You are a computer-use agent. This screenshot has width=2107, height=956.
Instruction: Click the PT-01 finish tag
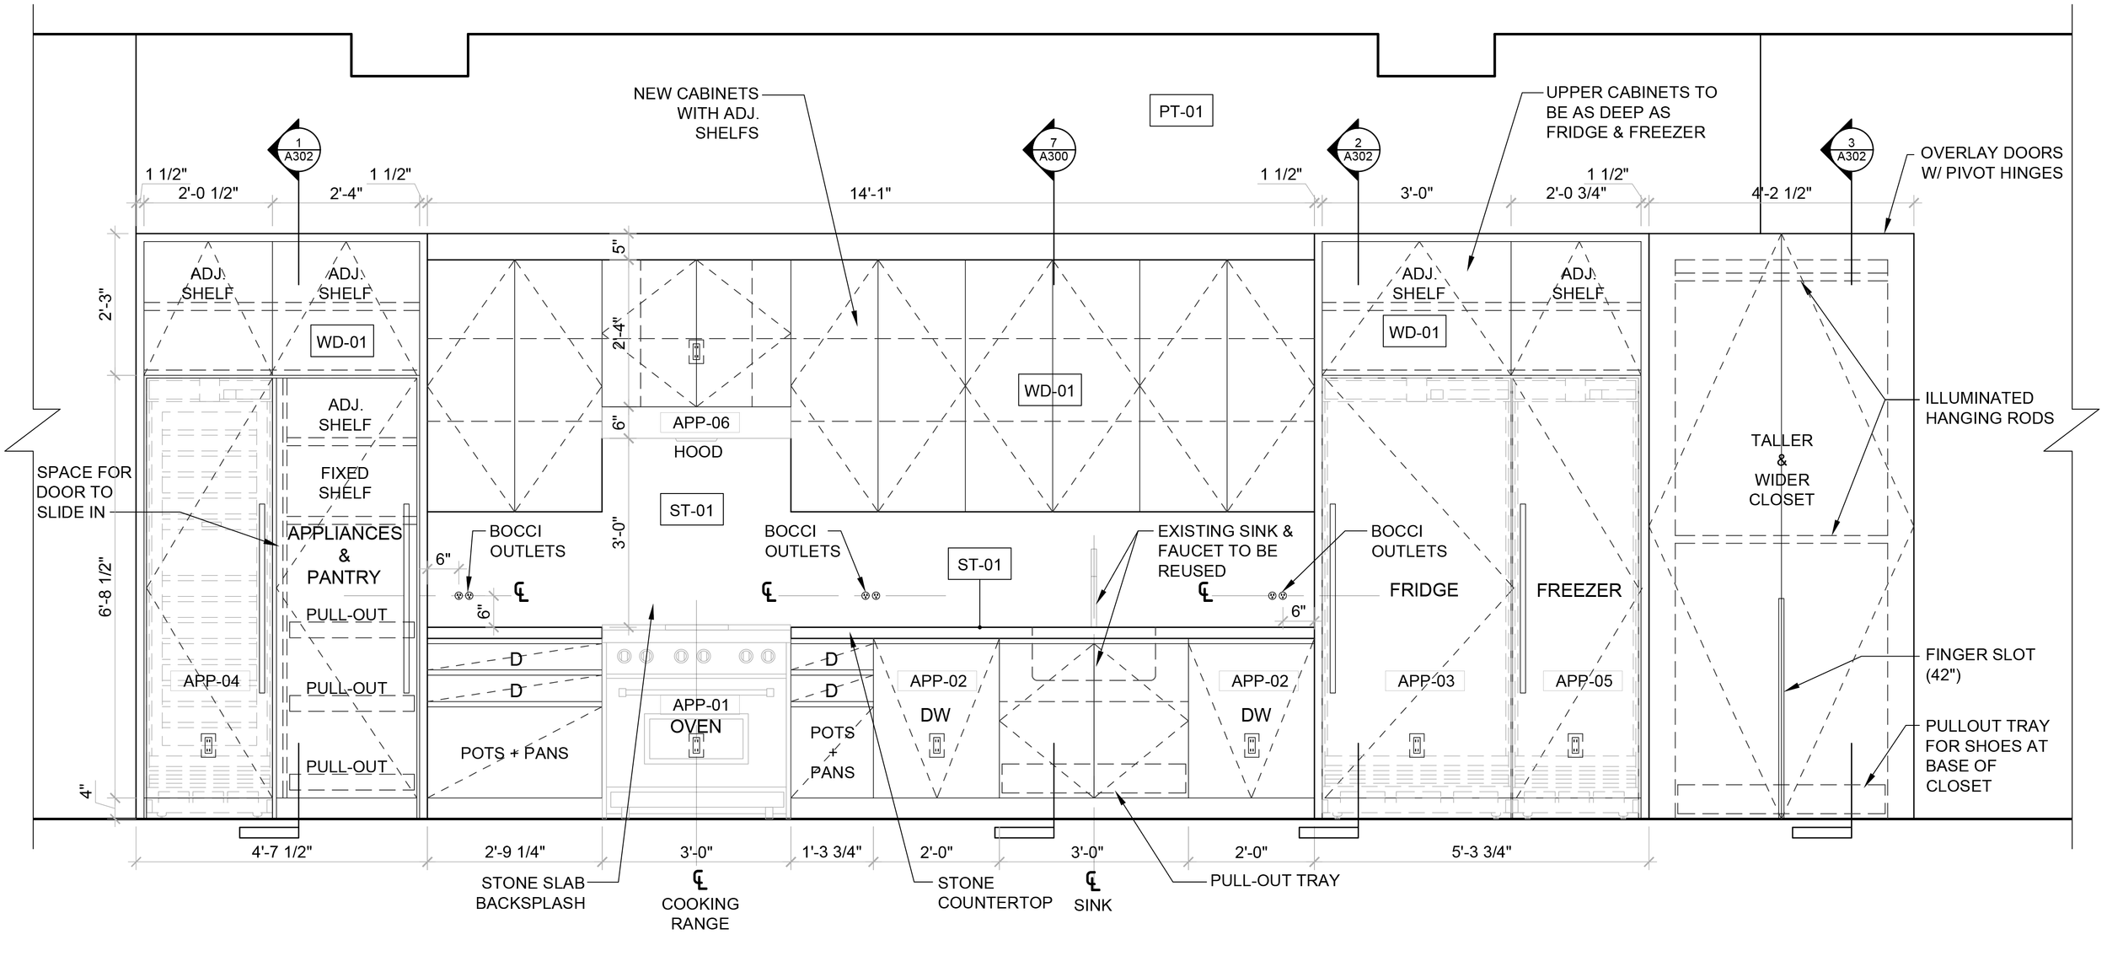pyautogui.click(x=1181, y=111)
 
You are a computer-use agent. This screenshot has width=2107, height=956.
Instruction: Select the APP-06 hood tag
pyautogui.click(x=701, y=422)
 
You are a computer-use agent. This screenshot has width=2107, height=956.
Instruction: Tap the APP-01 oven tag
pyautogui.click(x=700, y=705)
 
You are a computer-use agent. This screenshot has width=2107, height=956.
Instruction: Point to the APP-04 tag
pyautogui.click(x=212, y=681)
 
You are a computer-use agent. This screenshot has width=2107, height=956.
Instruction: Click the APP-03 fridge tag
pyautogui.click(x=1426, y=681)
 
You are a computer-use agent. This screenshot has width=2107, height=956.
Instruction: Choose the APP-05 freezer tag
pyautogui.click(x=1584, y=681)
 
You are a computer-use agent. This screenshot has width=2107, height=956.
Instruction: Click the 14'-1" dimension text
pyautogui.click(x=870, y=193)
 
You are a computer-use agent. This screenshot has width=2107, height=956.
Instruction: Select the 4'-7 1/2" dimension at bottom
pyautogui.click(x=281, y=851)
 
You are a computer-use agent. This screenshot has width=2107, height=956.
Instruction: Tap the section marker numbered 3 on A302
pyautogui.click(x=1851, y=150)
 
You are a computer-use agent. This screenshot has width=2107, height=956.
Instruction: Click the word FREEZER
pyautogui.click(x=1579, y=590)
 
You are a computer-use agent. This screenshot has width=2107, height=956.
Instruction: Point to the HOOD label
pyautogui.click(x=698, y=452)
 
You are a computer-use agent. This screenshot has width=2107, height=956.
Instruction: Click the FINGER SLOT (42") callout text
pyautogui.click(x=1980, y=664)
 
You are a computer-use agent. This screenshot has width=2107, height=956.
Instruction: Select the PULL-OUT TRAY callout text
pyautogui.click(x=1274, y=880)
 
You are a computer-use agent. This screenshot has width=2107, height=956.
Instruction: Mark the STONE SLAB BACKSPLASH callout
pyautogui.click(x=531, y=894)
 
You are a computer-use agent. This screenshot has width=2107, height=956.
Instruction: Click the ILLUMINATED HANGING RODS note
pyautogui.click(x=1989, y=408)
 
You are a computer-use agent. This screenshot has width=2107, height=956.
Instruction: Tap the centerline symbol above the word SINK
pyautogui.click(x=1092, y=882)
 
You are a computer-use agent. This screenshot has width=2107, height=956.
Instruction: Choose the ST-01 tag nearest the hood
pyautogui.click(x=691, y=510)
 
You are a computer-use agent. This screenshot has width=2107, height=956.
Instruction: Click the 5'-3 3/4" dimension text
pyautogui.click(x=1482, y=851)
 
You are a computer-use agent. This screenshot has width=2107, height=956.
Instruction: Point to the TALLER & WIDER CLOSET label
pyautogui.click(x=1781, y=470)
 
